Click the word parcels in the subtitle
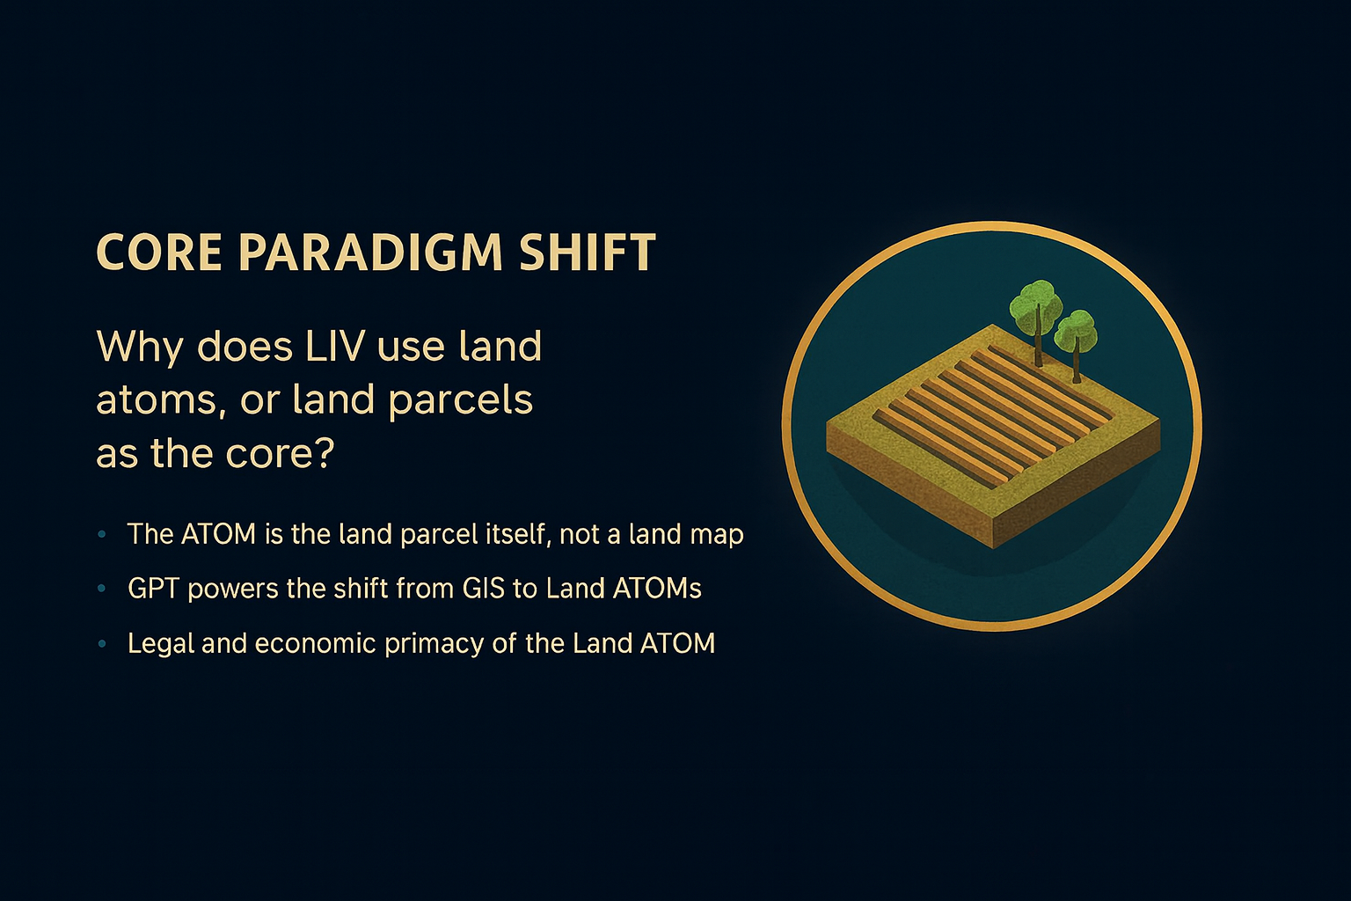pyautogui.click(x=461, y=401)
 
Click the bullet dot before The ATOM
pyautogui.click(x=102, y=534)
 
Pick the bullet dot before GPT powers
pyautogui.click(x=102, y=589)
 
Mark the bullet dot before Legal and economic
pyautogui.click(x=102, y=644)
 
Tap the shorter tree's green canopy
pyautogui.click(x=1075, y=332)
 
